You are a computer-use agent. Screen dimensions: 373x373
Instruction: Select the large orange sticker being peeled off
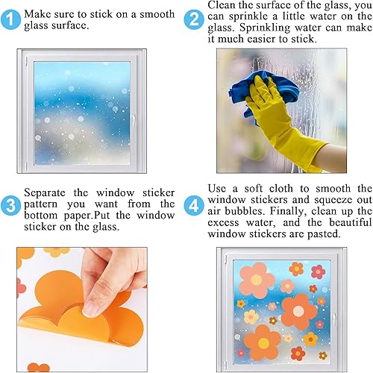click(71, 325)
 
